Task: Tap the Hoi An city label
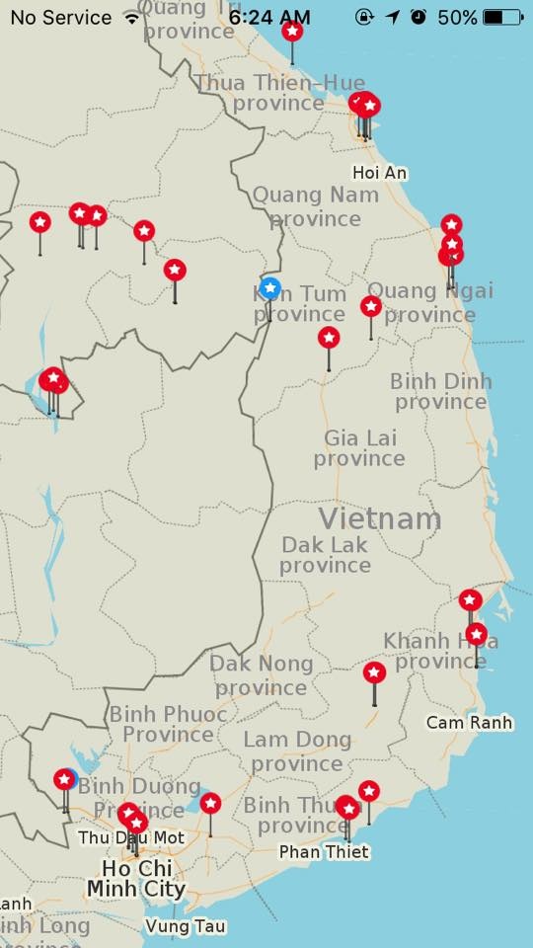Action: (x=380, y=173)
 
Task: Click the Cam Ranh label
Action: (x=469, y=723)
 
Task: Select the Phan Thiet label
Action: (x=324, y=851)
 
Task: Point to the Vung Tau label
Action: (x=185, y=926)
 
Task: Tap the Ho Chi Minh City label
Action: (x=136, y=879)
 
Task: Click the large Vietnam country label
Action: (x=380, y=518)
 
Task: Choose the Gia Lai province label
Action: (x=359, y=447)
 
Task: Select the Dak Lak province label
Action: (x=325, y=555)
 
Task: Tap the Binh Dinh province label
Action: (x=440, y=391)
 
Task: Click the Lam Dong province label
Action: (x=297, y=750)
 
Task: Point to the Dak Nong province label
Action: (x=261, y=675)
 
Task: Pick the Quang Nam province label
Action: (x=315, y=205)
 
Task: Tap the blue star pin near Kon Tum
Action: (x=270, y=289)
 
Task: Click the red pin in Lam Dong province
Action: (x=374, y=673)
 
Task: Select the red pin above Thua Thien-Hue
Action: (x=292, y=31)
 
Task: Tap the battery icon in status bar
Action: (x=503, y=18)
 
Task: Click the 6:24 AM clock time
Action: (x=268, y=18)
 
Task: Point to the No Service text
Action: (x=61, y=18)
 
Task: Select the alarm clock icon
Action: (x=419, y=18)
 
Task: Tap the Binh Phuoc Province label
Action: (x=168, y=724)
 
